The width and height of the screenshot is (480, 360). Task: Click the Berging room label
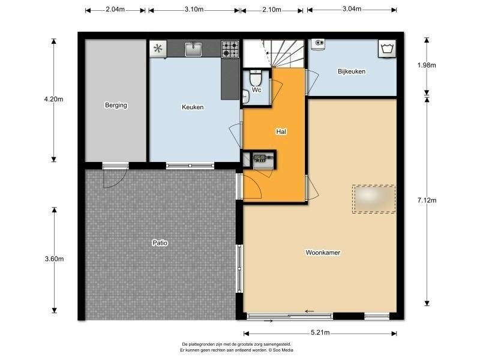tap(116, 106)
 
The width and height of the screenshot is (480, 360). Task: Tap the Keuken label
tap(193, 107)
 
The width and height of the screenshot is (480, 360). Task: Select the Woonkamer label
tap(323, 253)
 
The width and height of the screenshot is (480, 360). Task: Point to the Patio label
tap(160, 243)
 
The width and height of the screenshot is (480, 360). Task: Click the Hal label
tap(281, 131)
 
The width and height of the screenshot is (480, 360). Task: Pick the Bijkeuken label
tap(352, 71)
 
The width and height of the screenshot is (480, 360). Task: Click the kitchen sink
tap(193, 49)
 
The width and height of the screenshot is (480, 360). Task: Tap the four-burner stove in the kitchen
tap(230, 49)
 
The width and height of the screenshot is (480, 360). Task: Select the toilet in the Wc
tap(256, 78)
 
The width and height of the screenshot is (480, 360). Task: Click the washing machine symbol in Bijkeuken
tap(387, 49)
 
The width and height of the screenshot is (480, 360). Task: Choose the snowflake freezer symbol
tap(158, 49)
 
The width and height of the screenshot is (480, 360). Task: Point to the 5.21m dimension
tap(320, 333)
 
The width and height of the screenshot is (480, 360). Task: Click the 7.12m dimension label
tap(427, 200)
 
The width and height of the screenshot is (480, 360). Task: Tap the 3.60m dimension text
tap(54, 259)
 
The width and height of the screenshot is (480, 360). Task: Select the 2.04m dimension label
tap(115, 10)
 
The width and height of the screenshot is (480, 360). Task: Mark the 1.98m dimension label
tap(427, 65)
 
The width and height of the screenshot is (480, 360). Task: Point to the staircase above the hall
tap(274, 53)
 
